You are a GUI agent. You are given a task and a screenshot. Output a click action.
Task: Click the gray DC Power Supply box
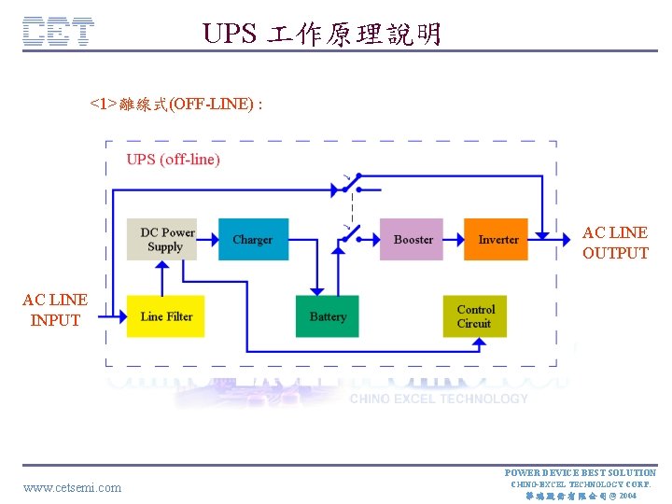pos(167,239)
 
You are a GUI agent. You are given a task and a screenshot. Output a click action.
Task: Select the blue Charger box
pos(253,239)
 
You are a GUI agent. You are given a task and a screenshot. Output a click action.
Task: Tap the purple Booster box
pos(413,239)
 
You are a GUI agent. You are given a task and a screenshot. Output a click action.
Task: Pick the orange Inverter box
pos(497,239)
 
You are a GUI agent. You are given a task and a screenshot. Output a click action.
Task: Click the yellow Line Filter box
pos(166,316)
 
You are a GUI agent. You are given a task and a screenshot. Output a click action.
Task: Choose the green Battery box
pos(327,316)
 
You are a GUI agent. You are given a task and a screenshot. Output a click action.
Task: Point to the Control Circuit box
pos(475,316)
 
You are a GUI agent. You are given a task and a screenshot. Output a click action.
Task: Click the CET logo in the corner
pos(58,33)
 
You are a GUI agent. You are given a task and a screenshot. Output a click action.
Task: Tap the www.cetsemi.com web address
pos(72,487)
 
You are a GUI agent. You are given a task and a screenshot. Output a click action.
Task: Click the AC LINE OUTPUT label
pos(615,243)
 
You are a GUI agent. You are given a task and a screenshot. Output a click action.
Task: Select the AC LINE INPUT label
pos(55,310)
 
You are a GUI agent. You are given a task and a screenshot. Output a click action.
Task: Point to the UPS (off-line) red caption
pos(174,160)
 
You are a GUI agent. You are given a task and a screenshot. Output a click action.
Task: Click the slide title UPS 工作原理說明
pos(322,35)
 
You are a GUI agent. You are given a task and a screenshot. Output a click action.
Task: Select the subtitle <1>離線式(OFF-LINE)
pos(175,104)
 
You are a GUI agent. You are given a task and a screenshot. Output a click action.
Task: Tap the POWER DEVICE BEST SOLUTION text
pos(580,473)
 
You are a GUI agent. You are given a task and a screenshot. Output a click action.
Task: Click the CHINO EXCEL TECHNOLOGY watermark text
pos(439,399)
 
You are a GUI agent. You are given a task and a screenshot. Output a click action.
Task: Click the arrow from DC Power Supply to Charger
pos(208,239)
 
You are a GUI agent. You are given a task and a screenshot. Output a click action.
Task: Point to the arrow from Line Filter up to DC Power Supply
pos(165,277)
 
